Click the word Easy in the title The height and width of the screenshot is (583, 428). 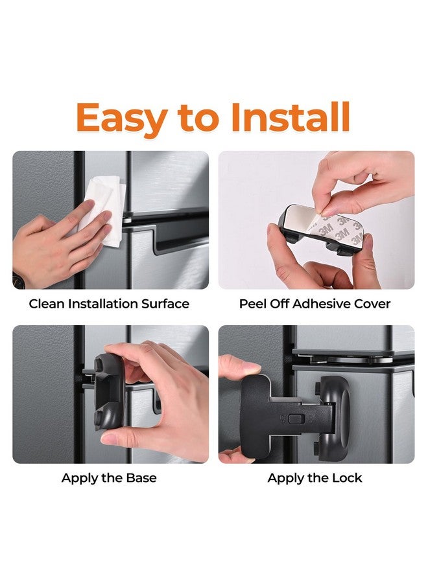pyautogui.click(x=120, y=118)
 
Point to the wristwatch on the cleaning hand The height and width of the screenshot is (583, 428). pyautogui.click(x=16, y=280)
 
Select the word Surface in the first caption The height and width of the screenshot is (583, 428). pyautogui.click(x=164, y=304)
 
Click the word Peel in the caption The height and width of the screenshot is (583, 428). pyautogui.click(x=252, y=304)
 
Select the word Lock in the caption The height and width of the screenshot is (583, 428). pyautogui.click(x=347, y=478)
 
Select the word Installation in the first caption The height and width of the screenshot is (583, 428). pyautogui.click(x=101, y=304)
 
